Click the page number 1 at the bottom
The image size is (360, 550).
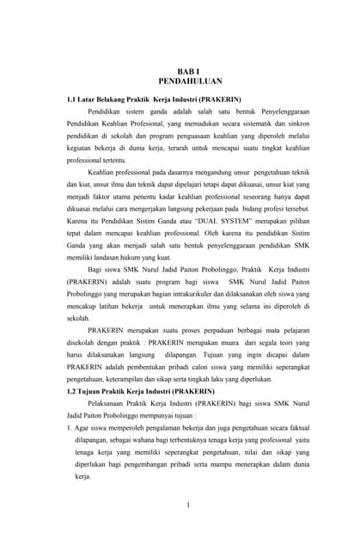point(187,504)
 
